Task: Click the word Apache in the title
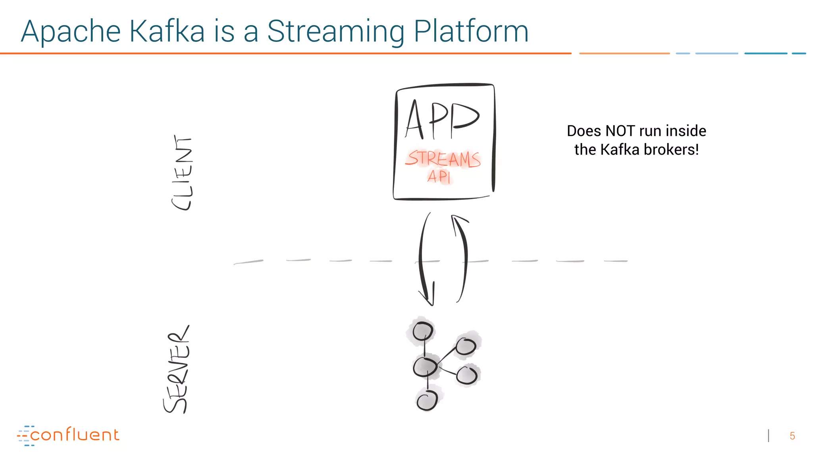click(x=71, y=32)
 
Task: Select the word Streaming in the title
click(x=335, y=32)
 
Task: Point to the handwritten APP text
click(x=442, y=120)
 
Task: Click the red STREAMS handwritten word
click(x=443, y=159)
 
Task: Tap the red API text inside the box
click(x=439, y=176)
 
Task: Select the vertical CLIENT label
click(x=182, y=173)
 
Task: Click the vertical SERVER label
click(x=177, y=370)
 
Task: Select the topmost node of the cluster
click(x=422, y=331)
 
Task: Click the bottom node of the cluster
click(x=427, y=399)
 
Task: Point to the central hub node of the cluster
click(x=425, y=367)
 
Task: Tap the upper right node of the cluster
click(x=466, y=346)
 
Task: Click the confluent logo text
click(x=74, y=435)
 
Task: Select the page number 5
click(x=792, y=436)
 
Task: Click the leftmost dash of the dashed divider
click(x=249, y=262)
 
